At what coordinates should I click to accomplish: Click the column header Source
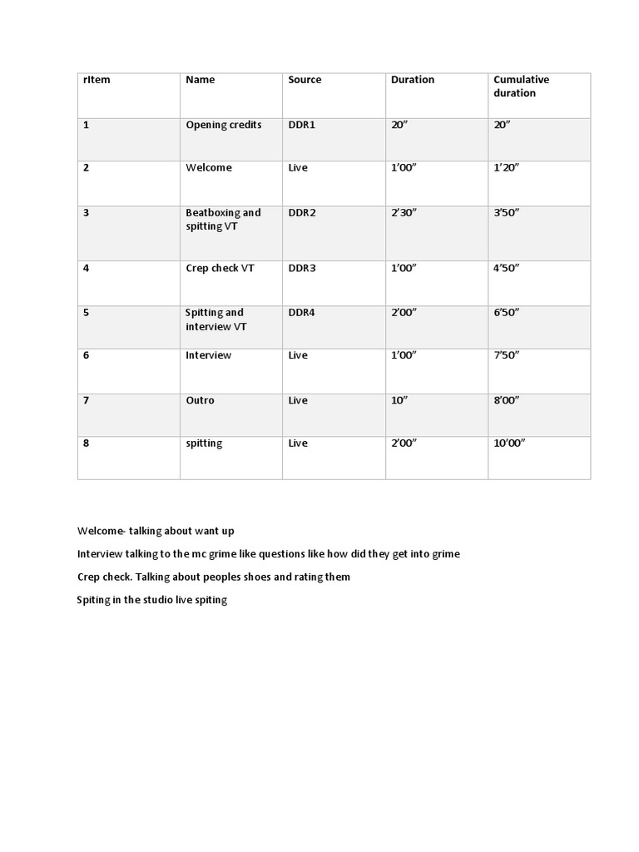coord(305,80)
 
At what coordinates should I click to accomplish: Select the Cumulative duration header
coord(521,87)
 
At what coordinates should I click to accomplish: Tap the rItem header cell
coord(97,80)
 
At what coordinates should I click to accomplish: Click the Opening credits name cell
coord(223,125)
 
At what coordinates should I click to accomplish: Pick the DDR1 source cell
coord(302,125)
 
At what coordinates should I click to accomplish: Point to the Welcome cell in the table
coord(208,168)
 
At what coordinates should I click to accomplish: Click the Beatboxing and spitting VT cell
coord(223,220)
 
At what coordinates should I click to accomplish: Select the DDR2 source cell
coord(302,213)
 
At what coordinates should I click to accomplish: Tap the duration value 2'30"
coord(404,213)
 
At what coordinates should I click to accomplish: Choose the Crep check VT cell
coord(220,269)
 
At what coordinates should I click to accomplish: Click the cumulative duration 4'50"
coord(506,269)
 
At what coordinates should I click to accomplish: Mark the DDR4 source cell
coord(302,313)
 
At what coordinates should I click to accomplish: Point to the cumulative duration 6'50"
coord(506,313)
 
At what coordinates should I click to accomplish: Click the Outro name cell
coord(200,400)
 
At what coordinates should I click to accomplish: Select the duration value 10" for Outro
coord(399,400)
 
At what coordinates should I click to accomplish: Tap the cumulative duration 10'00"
coord(509,443)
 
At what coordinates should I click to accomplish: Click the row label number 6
coord(87,355)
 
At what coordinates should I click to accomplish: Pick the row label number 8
coord(87,443)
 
